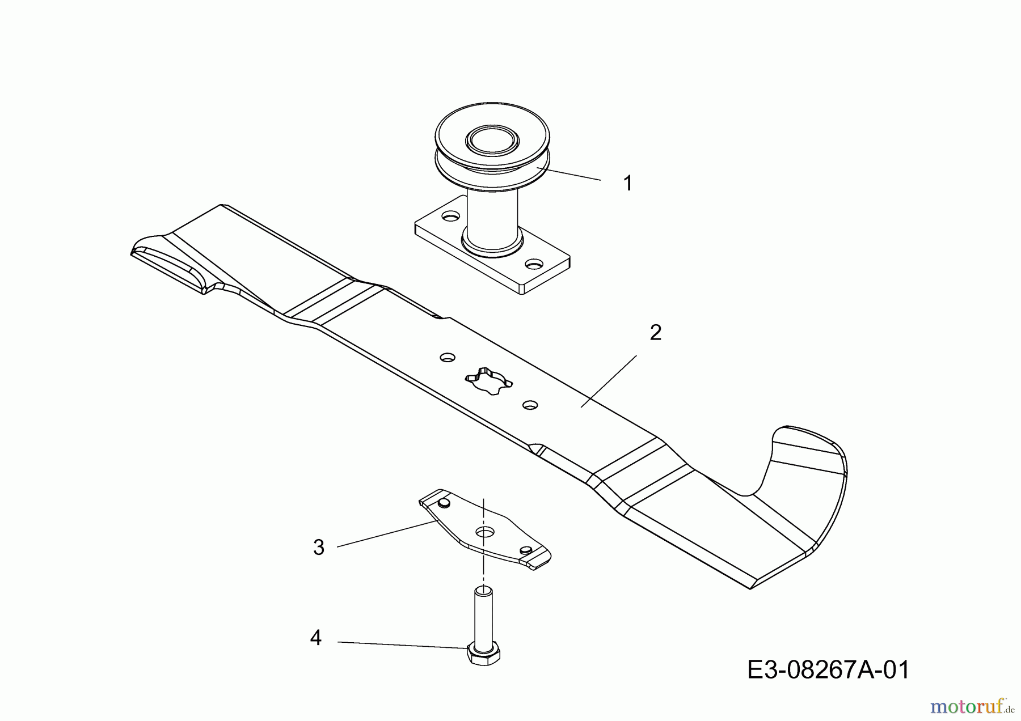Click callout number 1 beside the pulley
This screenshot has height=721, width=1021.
pyautogui.click(x=627, y=183)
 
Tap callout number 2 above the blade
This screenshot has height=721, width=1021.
pyautogui.click(x=655, y=333)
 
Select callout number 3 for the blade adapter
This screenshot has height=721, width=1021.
pyautogui.click(x=319, y=548)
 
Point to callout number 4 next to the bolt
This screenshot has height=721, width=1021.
pyautogui.click(x=316, y=638)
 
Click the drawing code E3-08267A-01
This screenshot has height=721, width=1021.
pyautogui.click(x=828, y=670)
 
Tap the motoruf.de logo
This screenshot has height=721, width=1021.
pyautogui.click(x=972, y=706)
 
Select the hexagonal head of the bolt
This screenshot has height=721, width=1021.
pyautogui.click(x=483, y=654)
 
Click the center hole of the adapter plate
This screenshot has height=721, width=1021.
pyautogui.click(x=485, y=532)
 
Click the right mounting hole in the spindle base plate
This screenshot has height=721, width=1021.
pyautogui.click(x=534, y=264)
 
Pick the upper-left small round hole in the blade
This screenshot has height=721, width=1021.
pyautogui.click(x=448, y=358)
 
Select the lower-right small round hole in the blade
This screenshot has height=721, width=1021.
pyautogui.click(x=530, y=405)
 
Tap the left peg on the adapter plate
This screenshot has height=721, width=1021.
pyautogui.click(x=444, y=503)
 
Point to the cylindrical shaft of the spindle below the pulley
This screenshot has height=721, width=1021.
pyautogui.click(x=491, y=215)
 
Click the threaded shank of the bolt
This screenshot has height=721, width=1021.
pyautogui.click(x=483, y=617)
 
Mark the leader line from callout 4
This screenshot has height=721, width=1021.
pyautogui.click(x=402, y=644)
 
